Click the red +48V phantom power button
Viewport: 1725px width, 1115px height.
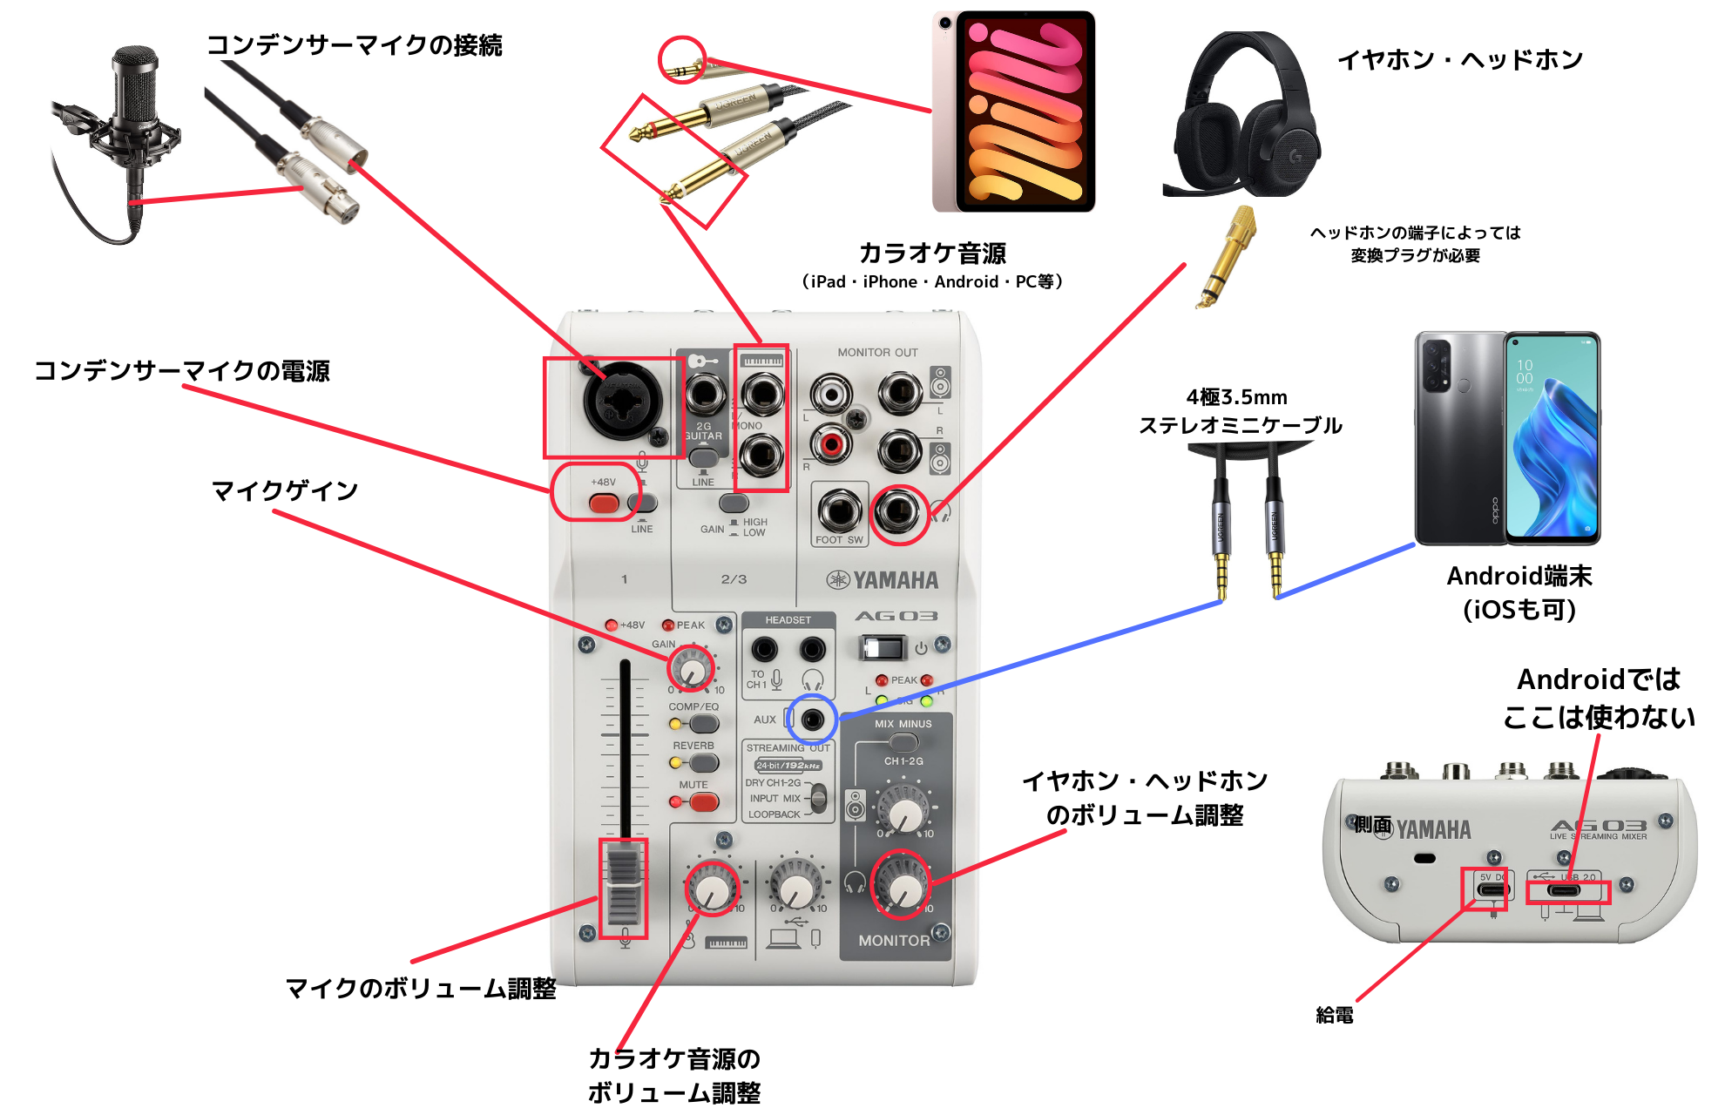click(603, 503)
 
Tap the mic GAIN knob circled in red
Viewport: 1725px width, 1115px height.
click(692, 670)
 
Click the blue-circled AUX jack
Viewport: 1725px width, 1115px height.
click(812, 720)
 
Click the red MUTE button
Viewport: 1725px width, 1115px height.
click(703, 802)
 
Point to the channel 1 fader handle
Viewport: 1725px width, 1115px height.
click(624, 886)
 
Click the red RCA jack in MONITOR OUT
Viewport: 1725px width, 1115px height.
click(831, 445)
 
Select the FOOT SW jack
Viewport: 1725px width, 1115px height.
click(839, 511)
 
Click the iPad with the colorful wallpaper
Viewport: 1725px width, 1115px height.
click(1015, 111)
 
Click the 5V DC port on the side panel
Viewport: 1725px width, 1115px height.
click(1491, 889)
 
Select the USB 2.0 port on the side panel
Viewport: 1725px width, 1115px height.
click(1565, 890)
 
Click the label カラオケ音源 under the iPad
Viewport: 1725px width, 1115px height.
click(932, 253)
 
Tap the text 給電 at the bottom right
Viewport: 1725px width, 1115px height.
click(1334, 1015)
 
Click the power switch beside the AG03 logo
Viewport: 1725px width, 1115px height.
click(882, 647)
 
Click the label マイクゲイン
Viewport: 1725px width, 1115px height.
click(285, 491)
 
